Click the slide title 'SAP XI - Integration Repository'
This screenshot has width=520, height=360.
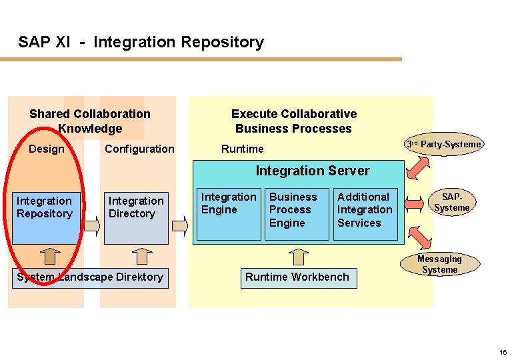click(141, 42)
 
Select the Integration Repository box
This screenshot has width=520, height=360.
click(46, 217)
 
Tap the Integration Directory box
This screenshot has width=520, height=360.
click(138, 217)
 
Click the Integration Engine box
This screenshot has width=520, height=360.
click(229, 213)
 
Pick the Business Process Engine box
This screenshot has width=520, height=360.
click(297, 213)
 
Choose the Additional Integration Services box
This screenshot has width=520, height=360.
click(365, 213)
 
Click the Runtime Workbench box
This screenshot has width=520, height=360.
click(297, 277)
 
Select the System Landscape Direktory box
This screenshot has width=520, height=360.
click(89, 277)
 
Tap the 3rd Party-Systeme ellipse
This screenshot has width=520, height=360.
click(444, 145)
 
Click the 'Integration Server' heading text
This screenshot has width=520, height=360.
click(313, 171)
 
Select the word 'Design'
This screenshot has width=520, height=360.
click(47, 149)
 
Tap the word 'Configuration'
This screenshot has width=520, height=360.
click(139, 149)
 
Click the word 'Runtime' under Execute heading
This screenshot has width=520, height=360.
click(242, 149)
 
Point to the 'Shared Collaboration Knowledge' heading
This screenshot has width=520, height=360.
click(90, 121)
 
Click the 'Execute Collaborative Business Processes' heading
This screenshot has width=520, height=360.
click(293, 121)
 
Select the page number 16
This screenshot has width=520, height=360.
click(503, 351)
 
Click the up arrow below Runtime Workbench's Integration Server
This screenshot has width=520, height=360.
click(301, 256)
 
